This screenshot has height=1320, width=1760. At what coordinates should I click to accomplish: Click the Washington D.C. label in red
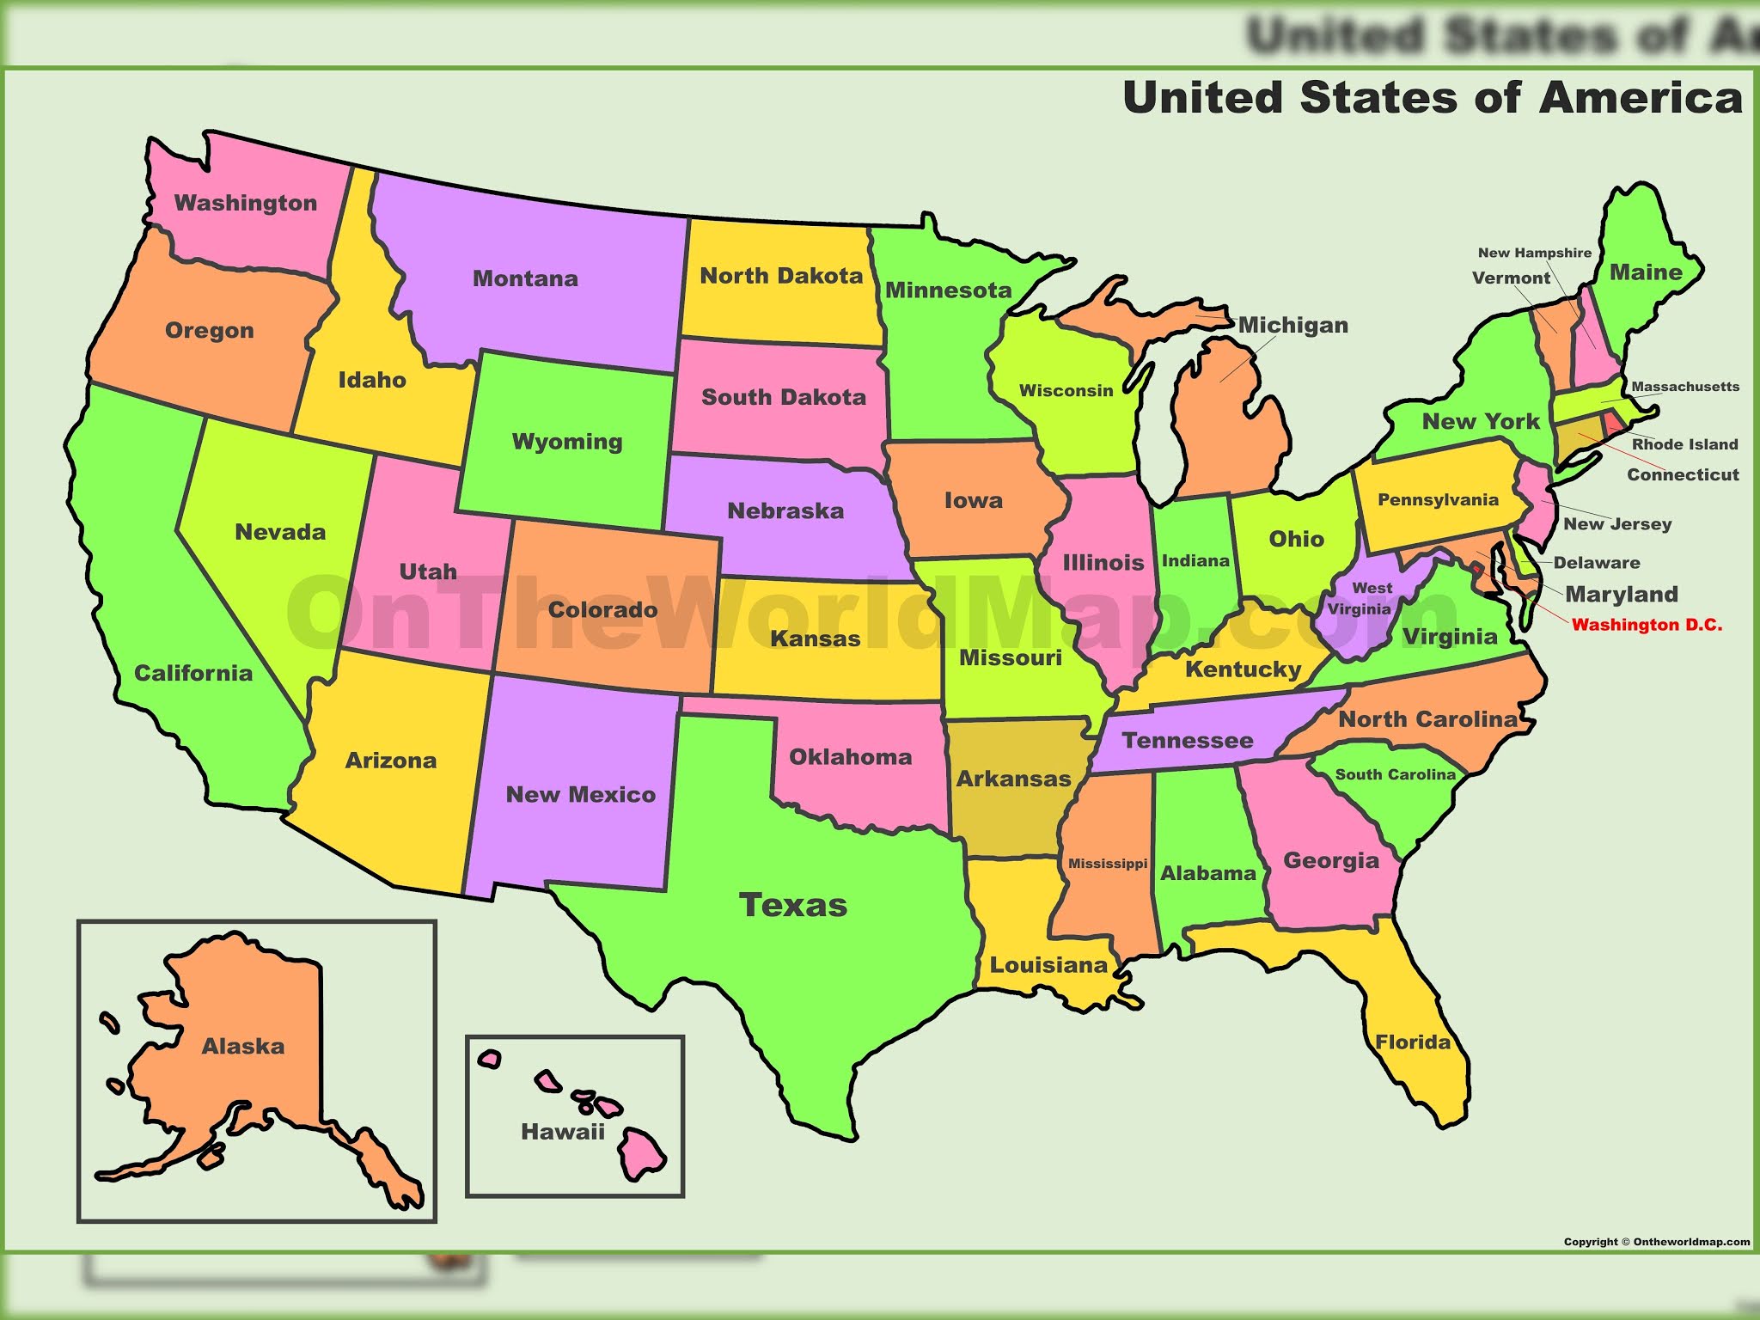[1647, 625]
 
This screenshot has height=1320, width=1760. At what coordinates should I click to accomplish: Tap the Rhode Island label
[1684, 444]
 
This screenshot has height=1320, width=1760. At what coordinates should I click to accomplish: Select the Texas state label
[793, 905]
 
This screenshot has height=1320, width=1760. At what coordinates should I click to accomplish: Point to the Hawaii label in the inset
[563, 1132]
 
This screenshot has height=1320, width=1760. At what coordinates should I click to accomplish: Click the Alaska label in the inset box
[243, 1046]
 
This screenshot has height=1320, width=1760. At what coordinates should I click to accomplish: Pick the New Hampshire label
[1534, 253]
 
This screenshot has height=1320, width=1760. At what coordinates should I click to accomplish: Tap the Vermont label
[1511, 278]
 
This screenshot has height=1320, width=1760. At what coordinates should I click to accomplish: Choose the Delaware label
[1597, 563]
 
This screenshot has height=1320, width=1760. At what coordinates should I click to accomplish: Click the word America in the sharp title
[1641, 97]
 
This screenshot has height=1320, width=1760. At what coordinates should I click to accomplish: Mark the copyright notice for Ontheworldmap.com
[1656, 1242]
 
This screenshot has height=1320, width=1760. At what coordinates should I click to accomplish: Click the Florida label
[1413, 1042]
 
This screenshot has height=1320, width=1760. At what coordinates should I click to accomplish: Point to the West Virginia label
[1360, 598]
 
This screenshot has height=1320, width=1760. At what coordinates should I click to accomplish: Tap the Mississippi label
[1108, 864]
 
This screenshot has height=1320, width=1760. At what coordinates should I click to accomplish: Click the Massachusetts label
[1684, 387]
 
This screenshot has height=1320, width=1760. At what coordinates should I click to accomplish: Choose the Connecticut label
[1683, 474]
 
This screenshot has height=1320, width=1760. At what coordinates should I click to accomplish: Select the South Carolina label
[1395, 774]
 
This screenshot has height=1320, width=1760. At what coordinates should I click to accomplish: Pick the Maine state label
[1646, 272]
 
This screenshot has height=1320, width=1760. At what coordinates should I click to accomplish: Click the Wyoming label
[567, 442]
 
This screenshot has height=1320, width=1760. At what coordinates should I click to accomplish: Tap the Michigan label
[1292, 325]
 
